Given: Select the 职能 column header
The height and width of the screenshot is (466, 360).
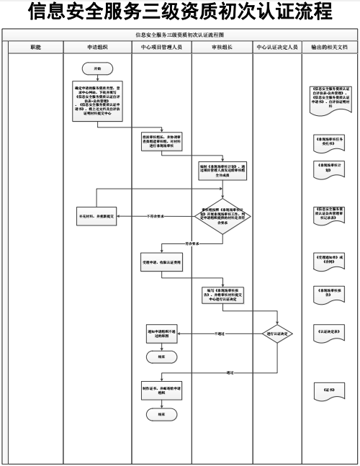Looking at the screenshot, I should point(36,45).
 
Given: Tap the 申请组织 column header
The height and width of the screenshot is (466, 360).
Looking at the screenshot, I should point(99,45).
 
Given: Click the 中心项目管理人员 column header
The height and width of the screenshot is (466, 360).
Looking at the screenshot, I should point(161,45).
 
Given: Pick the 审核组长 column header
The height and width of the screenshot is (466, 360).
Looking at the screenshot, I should point(222,45).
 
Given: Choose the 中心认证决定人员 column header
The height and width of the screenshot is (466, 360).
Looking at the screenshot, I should point(277,45).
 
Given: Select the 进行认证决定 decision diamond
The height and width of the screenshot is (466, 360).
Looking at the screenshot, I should point(277,334).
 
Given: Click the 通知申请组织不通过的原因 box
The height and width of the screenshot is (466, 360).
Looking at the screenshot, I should point(161,335).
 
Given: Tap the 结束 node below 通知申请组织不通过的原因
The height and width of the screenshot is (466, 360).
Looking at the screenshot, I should point(160,356).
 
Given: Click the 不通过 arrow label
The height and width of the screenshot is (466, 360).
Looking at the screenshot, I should point(220,334).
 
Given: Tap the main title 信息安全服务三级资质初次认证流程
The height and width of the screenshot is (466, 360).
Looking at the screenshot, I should point(180,12).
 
